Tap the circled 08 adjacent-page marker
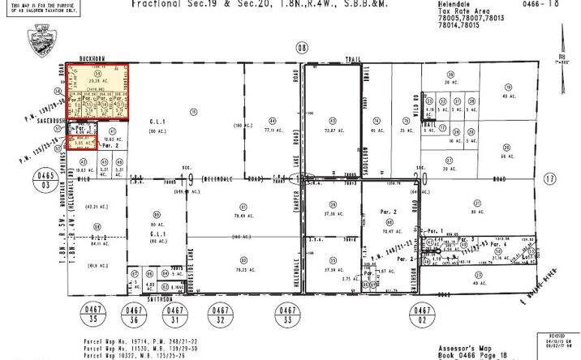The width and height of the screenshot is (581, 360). coord(303,48)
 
